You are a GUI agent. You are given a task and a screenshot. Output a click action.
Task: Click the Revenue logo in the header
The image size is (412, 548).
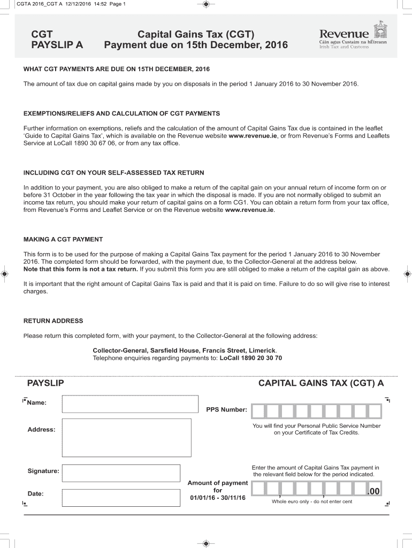[353, 36]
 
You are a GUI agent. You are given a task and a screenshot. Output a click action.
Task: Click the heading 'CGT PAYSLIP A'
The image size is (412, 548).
[57, 40]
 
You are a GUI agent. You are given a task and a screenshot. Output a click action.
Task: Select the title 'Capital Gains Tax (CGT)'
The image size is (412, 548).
[196, 34]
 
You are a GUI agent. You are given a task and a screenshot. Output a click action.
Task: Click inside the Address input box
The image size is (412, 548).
[126, 437]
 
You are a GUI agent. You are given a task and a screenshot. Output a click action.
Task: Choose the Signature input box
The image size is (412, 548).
[121, 473]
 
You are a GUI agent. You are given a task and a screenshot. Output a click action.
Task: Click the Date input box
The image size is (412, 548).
[121, 498]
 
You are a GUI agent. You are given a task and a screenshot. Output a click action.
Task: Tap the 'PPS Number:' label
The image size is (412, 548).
[226, 410]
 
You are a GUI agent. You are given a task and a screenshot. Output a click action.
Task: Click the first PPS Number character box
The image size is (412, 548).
[258, 411]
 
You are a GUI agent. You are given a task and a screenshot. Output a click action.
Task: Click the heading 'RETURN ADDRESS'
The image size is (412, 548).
[53, 321]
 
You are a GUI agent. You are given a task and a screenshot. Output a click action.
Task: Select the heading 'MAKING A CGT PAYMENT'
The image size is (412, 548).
[63, 239]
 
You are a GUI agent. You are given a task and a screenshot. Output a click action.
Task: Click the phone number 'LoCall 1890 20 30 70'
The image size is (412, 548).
[251, 357]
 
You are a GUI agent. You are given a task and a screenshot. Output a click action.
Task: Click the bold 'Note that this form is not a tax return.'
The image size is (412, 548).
[81, 269]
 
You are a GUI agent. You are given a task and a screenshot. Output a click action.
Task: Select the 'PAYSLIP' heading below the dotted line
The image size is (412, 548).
[45, 383]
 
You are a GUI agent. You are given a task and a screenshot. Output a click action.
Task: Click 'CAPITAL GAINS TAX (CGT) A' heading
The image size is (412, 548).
[321, 383]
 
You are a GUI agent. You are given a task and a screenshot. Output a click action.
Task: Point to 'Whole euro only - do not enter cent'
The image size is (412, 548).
[311, 501]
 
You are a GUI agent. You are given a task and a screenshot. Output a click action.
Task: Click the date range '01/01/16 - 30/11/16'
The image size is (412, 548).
[217, 498]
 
